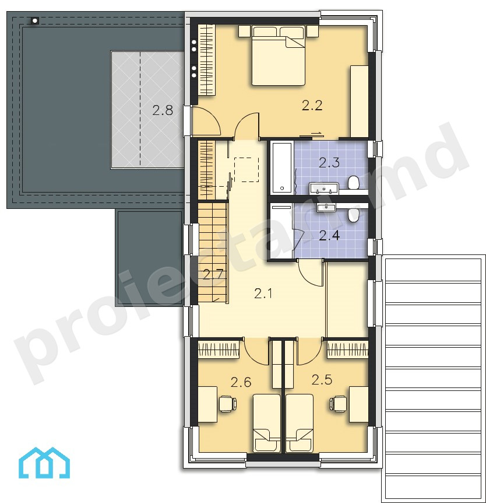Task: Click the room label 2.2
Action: point(312,106)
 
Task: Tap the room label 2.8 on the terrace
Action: point(163,110)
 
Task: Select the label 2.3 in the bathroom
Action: point(329,163)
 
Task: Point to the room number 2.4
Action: point(329,236)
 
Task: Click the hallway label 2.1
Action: point(263,293)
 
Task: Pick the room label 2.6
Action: point(241,382)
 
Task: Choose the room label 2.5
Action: point(322,380)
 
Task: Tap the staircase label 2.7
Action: point(213,275)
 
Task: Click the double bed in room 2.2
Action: point(278,56)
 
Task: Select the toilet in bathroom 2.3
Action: point(353,183)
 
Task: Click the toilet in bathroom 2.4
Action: point(353,215)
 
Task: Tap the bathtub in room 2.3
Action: point(282,168)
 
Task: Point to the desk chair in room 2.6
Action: point(227,404)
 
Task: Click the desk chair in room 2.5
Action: point(337,404)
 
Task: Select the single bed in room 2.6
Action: point(267,423)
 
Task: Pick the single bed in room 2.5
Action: point(299,423)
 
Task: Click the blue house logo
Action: point(44,463)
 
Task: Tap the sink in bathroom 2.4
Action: point(326,207)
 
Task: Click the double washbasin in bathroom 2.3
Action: point(324,188)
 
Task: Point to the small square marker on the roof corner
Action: point(34,21)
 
